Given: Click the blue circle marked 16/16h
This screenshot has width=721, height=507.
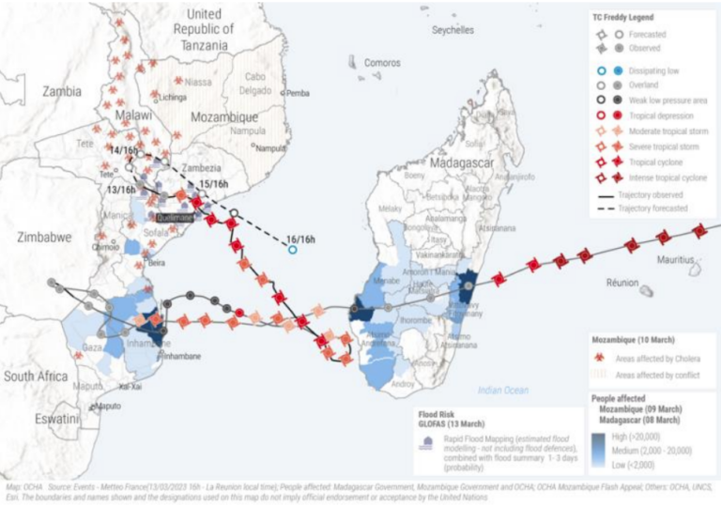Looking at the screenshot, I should pyautogui.click(x=293, y=249).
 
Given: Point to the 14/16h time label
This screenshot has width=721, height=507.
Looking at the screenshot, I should pyautogui.click(x=122, y=150).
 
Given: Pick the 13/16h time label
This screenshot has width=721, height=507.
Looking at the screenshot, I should pyautogui.click(x=122, y=189).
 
